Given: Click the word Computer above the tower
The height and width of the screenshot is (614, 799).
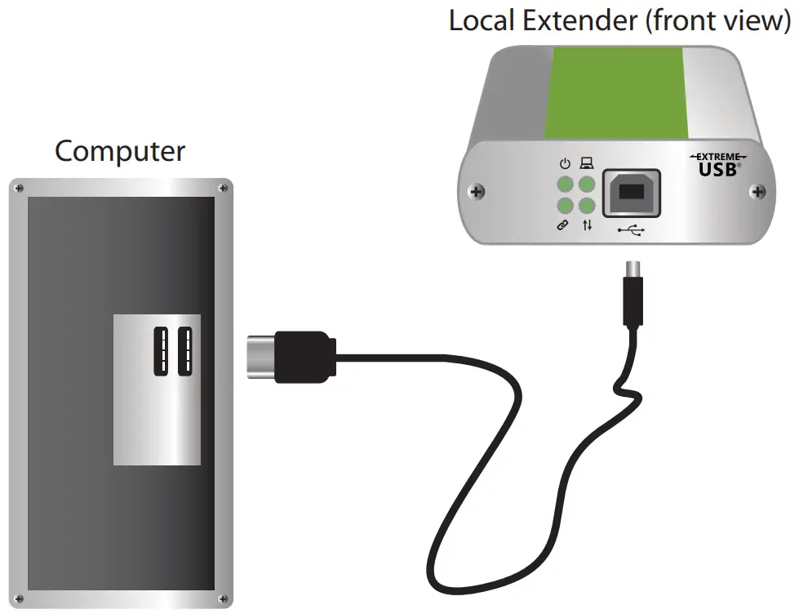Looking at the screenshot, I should (x=120, y=152).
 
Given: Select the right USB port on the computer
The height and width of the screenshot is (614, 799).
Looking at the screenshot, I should (x=184, y=351).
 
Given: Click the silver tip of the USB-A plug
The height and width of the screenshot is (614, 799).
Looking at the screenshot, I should (x=260, y=357).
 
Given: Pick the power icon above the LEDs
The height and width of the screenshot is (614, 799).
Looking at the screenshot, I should (x=564, y=163).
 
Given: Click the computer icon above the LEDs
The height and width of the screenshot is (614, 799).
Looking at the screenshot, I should (x=586, y=163).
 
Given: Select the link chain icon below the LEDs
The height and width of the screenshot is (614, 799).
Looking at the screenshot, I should (x=563, y=225).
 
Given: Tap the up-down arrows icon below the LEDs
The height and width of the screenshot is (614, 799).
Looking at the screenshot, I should (x=587, y=225).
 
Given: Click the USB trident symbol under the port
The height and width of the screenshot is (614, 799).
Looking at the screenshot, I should (x=631, y=231).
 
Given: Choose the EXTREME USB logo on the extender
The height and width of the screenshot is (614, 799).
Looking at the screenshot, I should (x=717, y=166).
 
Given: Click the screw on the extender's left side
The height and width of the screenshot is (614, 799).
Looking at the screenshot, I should (x=477, y=193).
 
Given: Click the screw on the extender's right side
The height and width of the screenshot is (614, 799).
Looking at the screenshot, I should (x=759, y=193).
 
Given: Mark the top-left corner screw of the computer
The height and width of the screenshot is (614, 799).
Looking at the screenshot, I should (x=16, y=188).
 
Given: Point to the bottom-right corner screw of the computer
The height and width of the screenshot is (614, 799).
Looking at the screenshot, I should (x=224, y=601).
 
